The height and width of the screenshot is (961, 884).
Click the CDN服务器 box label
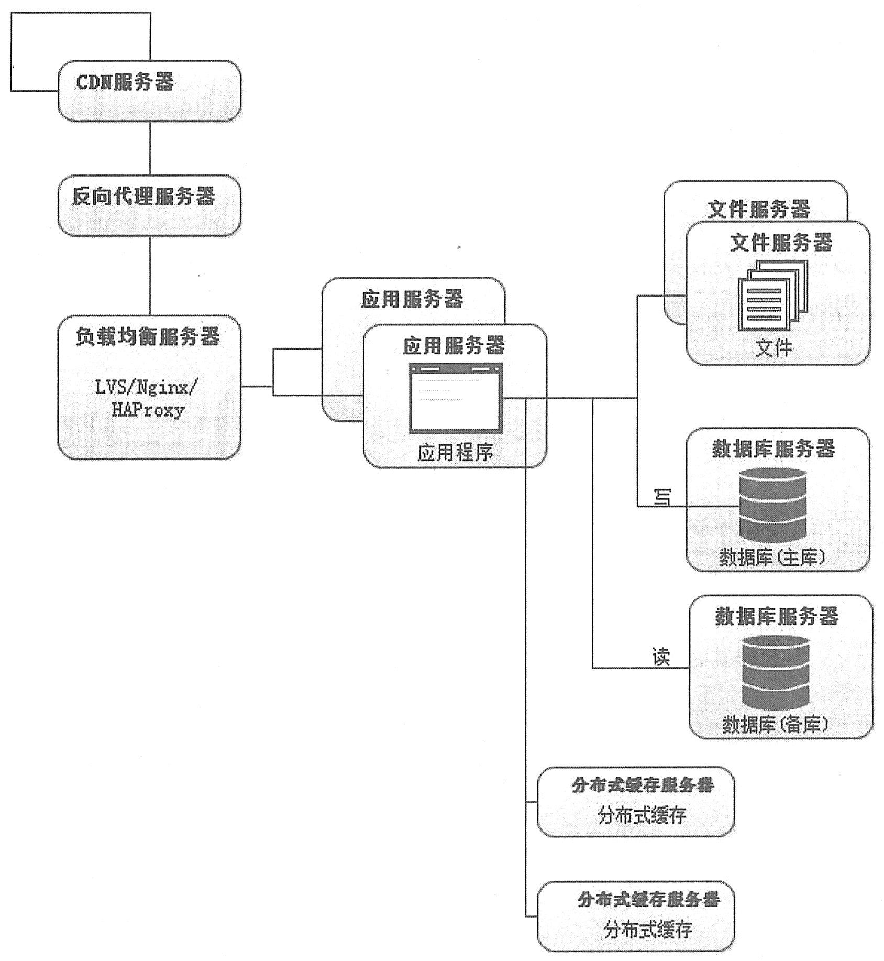coord(125,82)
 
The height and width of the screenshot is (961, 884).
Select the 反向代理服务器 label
coord(143,196)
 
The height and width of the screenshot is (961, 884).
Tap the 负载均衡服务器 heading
coord(147,336)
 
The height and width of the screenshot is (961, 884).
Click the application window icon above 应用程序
coord(456,398)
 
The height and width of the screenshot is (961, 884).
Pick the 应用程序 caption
coord(455,452)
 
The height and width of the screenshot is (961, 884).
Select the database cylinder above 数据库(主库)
coord(773,505)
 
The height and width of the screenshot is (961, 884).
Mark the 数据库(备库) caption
coord(776,724)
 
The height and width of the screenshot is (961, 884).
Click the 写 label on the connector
coord(663,497)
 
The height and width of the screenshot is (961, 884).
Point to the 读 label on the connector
coord(661,657)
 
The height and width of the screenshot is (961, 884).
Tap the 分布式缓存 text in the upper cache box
coord(642,815)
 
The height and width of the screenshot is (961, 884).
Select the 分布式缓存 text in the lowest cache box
coord(648,930)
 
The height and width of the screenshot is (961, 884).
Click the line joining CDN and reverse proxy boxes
coord(150,148)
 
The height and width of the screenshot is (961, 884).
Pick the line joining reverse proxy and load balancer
coord(150,276)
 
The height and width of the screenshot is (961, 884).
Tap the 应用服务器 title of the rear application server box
coord(412,299)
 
